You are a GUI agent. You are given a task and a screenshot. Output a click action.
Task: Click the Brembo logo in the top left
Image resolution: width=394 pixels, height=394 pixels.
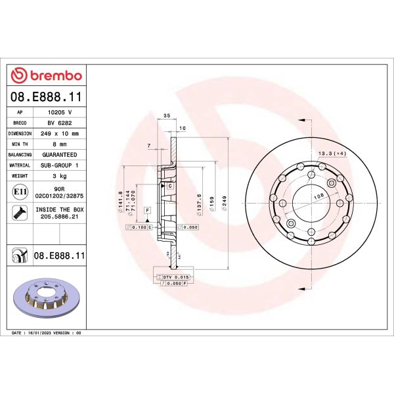[47, 75]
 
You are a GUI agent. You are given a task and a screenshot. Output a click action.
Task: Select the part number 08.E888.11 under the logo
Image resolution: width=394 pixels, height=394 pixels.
[47, 97]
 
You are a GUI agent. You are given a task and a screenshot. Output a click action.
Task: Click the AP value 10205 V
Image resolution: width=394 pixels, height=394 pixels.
[59, 112]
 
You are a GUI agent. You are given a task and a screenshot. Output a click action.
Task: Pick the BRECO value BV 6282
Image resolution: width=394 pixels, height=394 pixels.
[59, 123]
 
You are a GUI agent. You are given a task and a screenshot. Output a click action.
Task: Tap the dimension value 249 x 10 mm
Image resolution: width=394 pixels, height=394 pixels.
[59, 133]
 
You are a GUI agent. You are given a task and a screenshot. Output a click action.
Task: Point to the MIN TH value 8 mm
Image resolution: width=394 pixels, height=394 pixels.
[59, 144]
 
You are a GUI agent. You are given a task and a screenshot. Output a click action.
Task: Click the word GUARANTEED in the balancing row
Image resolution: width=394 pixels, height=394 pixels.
[59, 155]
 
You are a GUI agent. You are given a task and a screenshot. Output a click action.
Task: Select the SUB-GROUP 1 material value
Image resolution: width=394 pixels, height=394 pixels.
[59, 165]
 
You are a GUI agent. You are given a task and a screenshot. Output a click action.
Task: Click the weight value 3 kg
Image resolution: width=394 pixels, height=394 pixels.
[59, 176]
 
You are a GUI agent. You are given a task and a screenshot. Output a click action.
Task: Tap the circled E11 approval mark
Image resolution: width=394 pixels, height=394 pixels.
[20, 192]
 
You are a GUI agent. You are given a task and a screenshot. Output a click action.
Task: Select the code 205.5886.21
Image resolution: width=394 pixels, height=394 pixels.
[59, 216]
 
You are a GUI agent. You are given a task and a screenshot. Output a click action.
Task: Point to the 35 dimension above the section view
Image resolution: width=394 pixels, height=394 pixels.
[166, 116]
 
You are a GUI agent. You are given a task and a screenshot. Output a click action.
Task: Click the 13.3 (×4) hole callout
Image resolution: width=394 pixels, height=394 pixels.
[332, 153]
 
